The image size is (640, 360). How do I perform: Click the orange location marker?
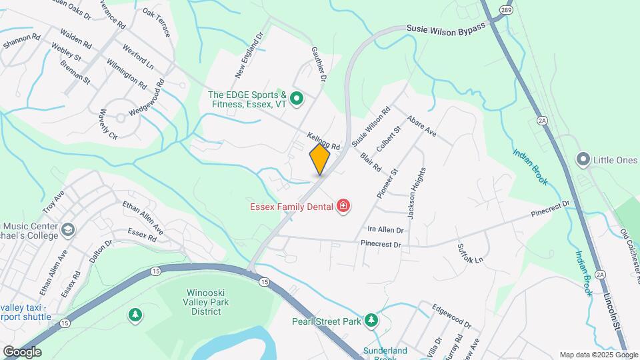tap(320, 160)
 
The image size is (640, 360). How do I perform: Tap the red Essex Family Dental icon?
tap(343, 207)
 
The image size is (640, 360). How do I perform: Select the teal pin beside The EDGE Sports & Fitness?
tap(297, 99)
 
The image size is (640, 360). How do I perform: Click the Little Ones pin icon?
tap(584, 159)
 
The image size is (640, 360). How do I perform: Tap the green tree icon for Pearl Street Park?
tap(371, 321)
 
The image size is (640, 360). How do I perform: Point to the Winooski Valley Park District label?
tap(205, 301)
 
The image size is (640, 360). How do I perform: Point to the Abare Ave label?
tap(421, 125)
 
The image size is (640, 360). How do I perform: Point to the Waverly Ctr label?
tap(108, 124)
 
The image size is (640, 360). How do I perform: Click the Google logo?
tap(22, 352)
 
